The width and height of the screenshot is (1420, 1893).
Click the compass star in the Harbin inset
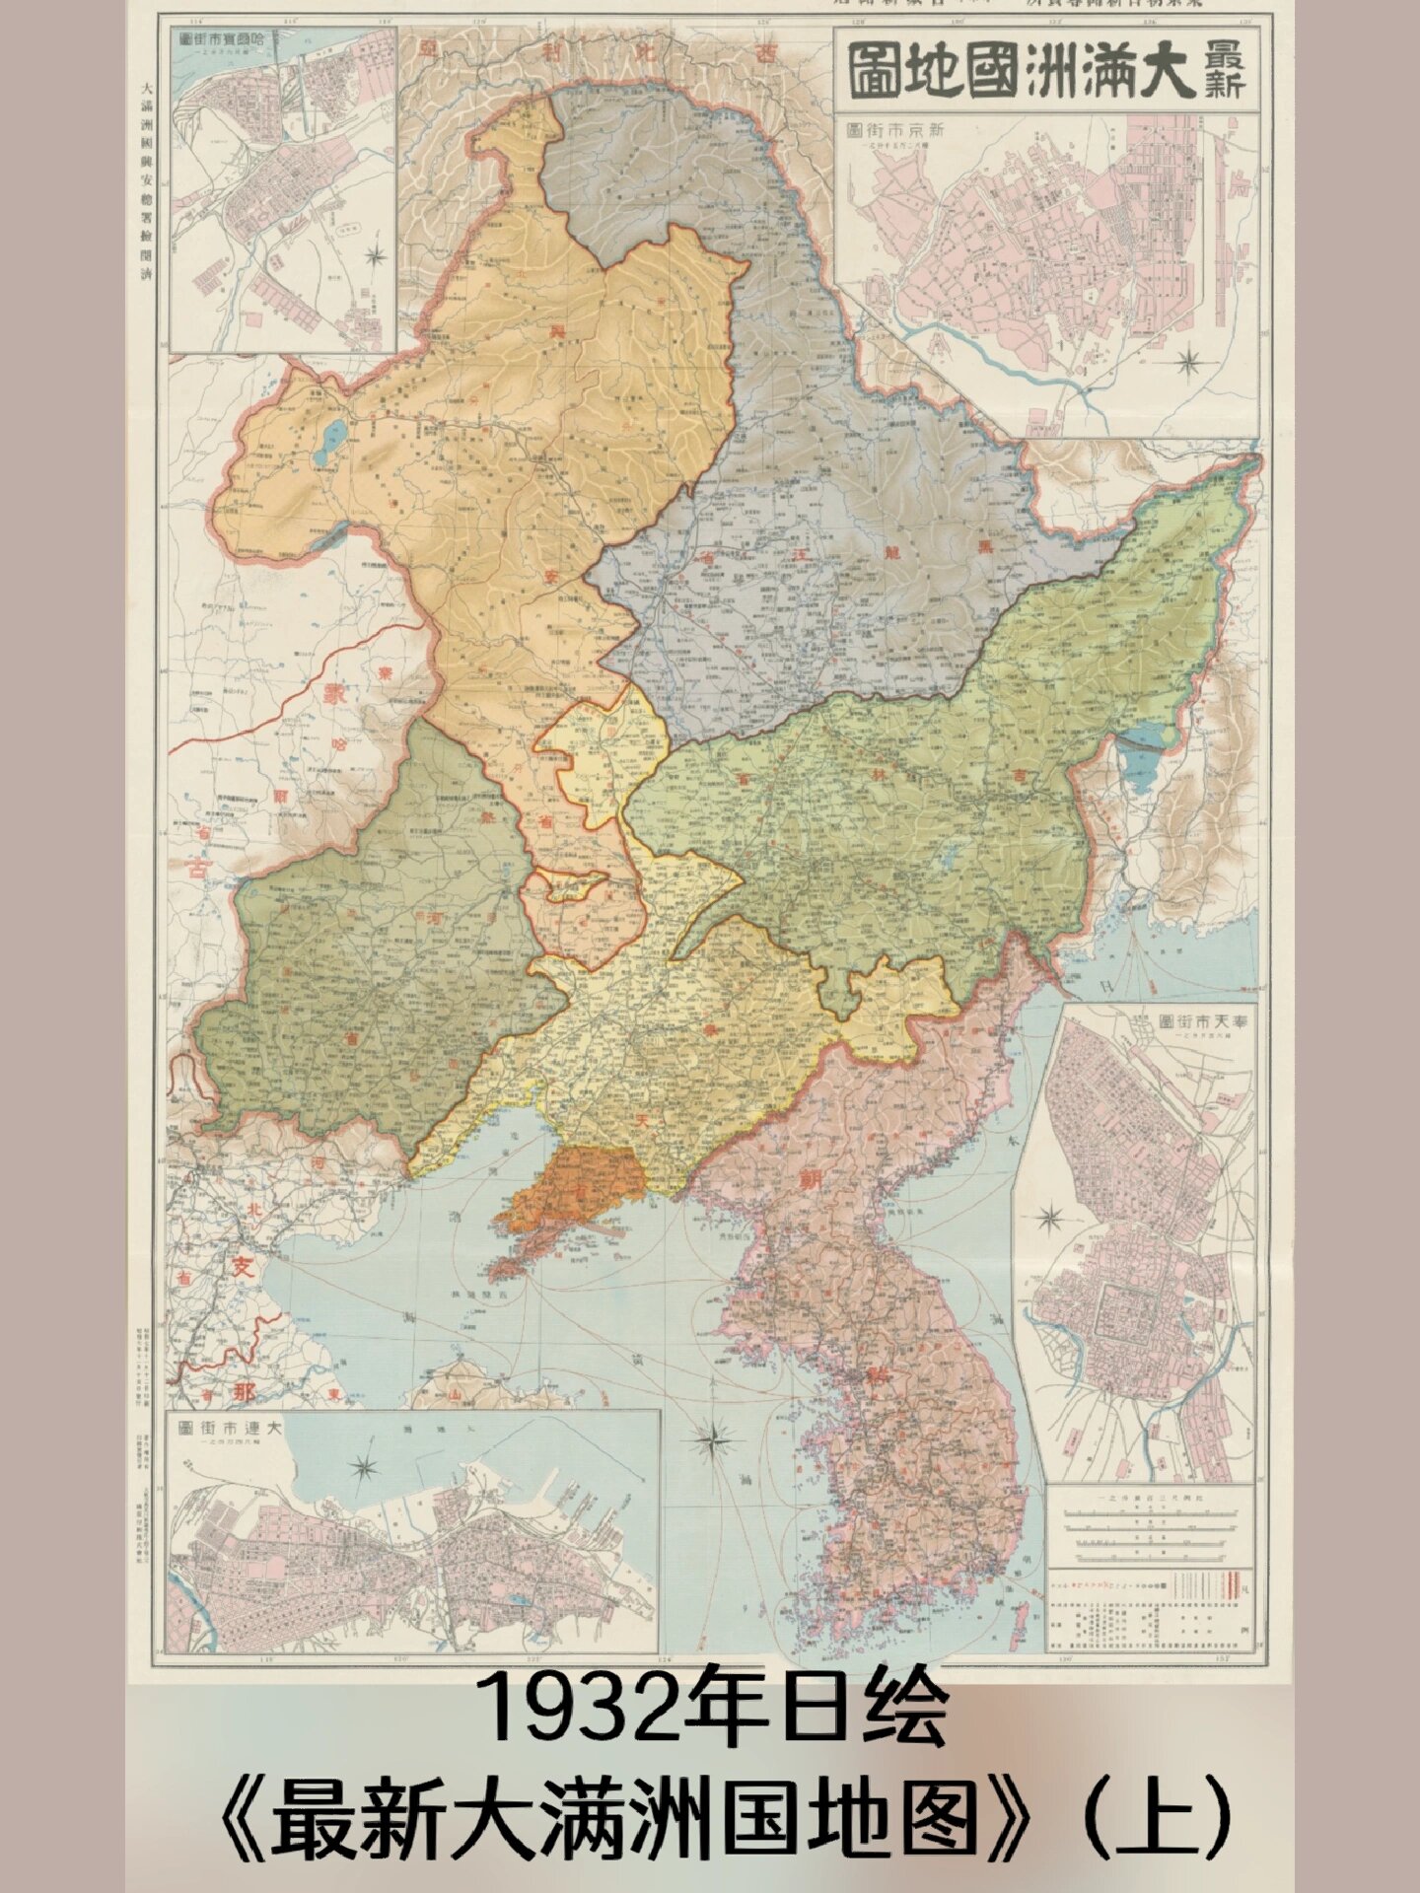pos(375,257)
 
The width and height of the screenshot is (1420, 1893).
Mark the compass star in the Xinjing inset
pos(1190,360)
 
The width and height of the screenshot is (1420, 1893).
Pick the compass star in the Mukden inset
pos(1050,1219)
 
